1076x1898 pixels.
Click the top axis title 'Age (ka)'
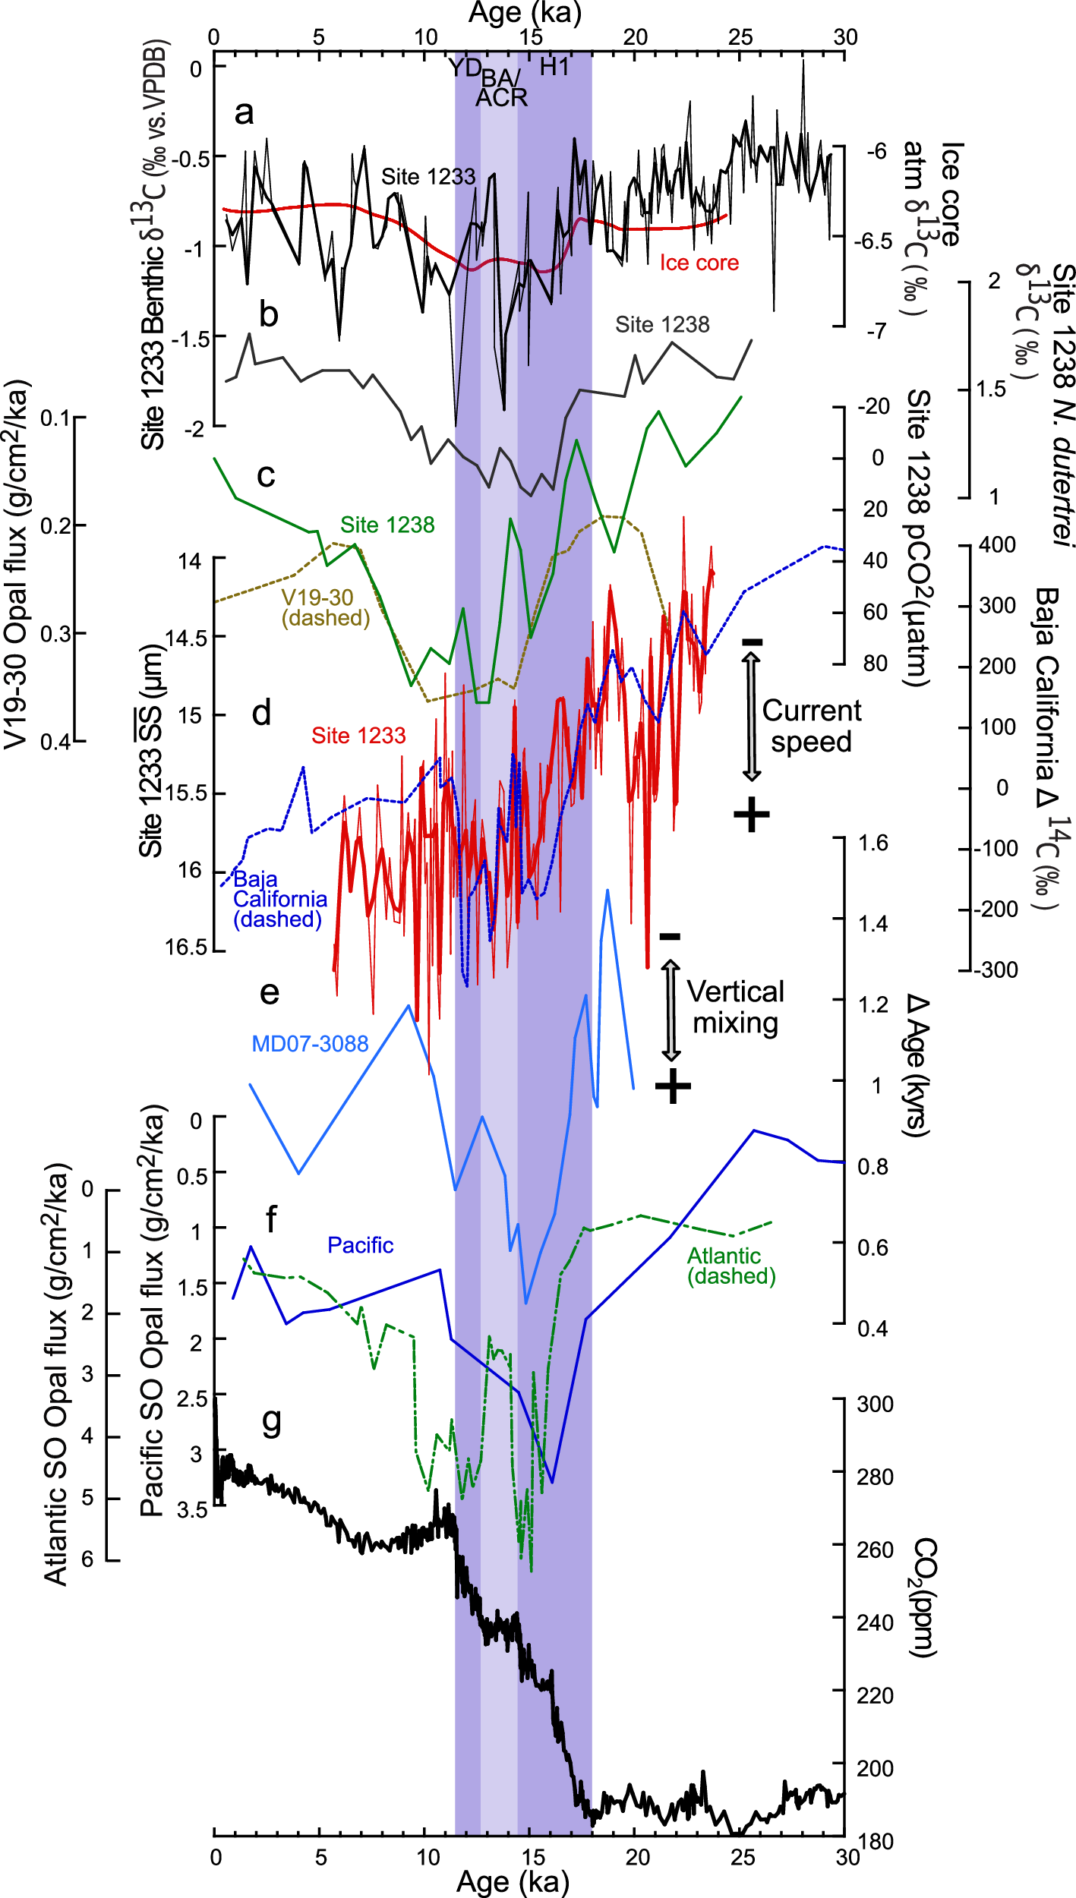[525, 13]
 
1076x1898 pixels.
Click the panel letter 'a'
[244, 113]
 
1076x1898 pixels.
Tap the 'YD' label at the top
[465, 68]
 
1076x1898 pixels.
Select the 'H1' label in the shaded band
[554, 68]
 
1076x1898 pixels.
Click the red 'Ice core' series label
[699, 263]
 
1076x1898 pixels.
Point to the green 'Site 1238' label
[387, 525]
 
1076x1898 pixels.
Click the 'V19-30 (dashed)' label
[325, 607]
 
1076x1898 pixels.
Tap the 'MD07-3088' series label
[310, 1044]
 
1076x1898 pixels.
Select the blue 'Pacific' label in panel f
[360, 1245]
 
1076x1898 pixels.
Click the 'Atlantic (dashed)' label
[730, 1266]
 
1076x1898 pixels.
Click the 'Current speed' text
[811, 726]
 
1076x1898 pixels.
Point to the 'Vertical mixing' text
[735, 1007]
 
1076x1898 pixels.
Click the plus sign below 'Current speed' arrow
[752, 815]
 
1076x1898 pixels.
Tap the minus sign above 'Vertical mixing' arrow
[670, 937]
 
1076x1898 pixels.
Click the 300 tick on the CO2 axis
[875, 1404]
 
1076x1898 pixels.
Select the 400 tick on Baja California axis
[997, 544]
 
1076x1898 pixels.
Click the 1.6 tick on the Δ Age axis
[873, 843]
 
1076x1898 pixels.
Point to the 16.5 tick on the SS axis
[186, 947]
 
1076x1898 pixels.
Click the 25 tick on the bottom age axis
[742, 1857]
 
